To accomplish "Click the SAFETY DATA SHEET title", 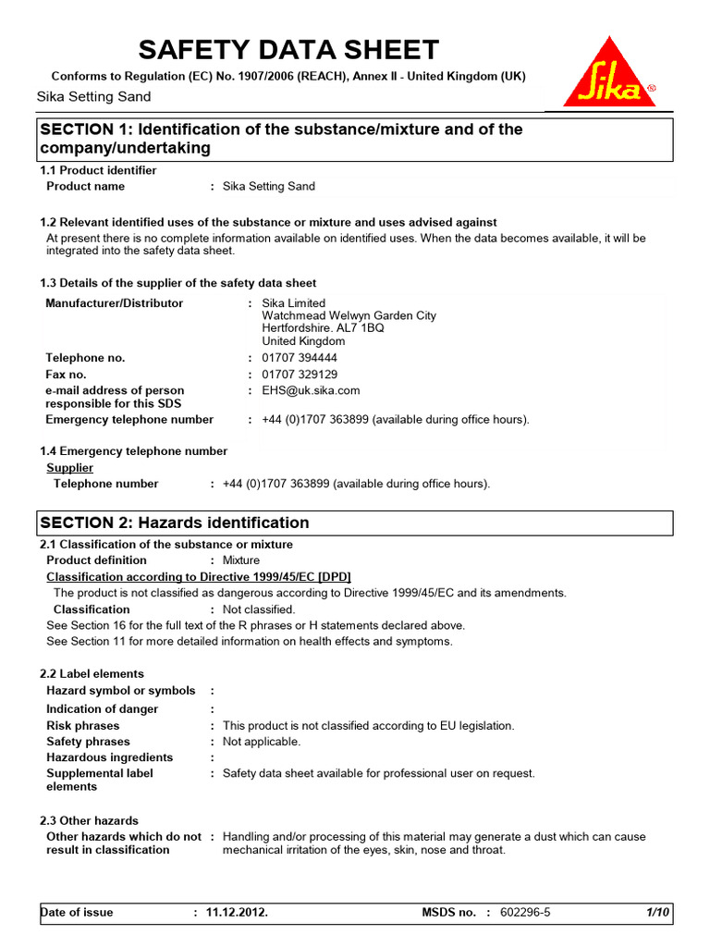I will [x=288, y=49].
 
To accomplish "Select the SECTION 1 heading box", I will [x=355, y=139].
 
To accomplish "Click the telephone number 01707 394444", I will [x=300, y=358].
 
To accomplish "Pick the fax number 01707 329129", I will [x=300, y=375].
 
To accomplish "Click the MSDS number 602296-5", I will [x=524, y=913].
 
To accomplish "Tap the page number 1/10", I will [x=657, y=913].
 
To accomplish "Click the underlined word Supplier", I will [x=70, y=468].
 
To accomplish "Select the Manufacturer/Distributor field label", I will [x=115, y=303].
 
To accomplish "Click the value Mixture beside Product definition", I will [x=241, y=560].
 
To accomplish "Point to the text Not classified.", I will [x=259, y=609].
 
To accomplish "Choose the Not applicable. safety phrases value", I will [x=262, y=742].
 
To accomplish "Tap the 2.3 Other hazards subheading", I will [x=89, y=820].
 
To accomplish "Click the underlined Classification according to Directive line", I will [x=199, y=576].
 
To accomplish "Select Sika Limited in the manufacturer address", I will [x=294, y=303].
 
